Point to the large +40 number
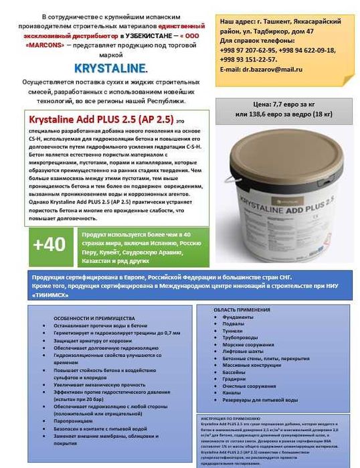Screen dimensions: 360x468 (48, 244)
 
